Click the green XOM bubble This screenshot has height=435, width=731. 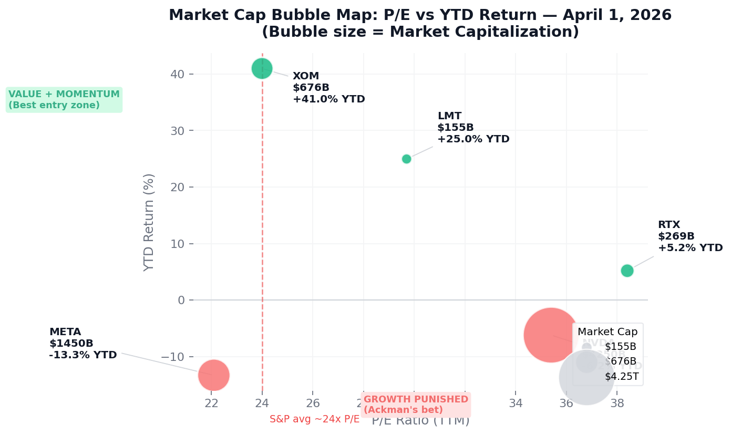(262, 68)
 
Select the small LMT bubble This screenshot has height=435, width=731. (406, 159)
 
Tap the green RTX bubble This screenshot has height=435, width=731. (627, 271)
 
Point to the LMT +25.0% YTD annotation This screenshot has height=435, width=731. (473, 139)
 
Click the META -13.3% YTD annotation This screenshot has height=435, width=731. (83, 355)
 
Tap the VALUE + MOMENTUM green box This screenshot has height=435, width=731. (64, 100)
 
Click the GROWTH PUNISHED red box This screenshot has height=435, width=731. (416, 405)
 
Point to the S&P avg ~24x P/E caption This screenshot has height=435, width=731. (314, 419)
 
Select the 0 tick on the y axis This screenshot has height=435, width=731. (181, 300)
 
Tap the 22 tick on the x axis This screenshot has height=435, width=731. (211, 403)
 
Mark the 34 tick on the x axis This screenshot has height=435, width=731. (516, 403)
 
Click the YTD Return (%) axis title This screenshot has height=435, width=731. (150, 222)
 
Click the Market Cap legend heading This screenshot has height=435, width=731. (608, 332)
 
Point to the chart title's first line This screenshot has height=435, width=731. (420, 15)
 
